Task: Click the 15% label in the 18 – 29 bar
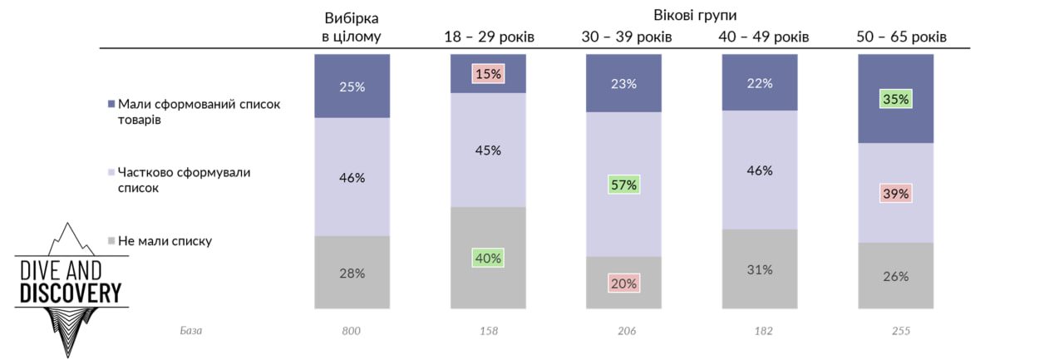click(x=488, y=74)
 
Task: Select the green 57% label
click(x=623, y=185)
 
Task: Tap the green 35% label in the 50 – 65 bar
click(x=895, y=99)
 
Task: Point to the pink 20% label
click(x=623, y=283)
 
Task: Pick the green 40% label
click(x=488, y=258)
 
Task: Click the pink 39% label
click(x=895, y=193)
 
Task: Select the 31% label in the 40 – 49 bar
click(x=760, y=269)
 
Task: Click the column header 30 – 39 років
click(x=626, y=37)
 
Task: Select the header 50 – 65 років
click(x=901, y=37)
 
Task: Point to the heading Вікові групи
click(x=695, y=15)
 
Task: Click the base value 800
click(x=352, y=331)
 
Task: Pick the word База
click(x=191, y=331)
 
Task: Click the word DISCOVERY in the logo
click(x=71, y=293)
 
